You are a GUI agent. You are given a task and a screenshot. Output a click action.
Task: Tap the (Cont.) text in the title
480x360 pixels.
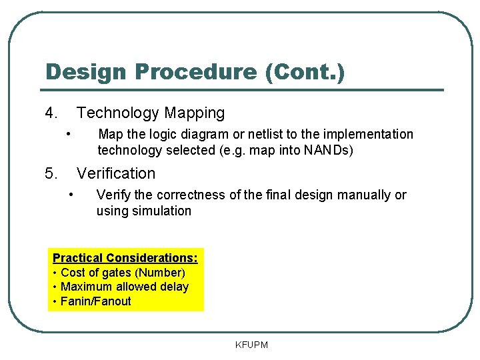coord(305,72)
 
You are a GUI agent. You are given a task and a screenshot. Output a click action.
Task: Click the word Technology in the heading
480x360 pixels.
coord(117,113)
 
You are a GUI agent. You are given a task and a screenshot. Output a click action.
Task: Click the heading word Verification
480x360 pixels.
coord(116,174)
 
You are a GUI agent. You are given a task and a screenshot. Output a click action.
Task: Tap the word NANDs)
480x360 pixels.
coord(329,151)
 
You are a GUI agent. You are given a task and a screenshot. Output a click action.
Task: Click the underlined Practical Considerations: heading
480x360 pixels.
coord(125,258)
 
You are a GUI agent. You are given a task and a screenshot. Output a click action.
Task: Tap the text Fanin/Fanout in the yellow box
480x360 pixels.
coord(96,301)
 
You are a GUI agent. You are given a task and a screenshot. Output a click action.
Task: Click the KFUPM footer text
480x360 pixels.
coord(251,345)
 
